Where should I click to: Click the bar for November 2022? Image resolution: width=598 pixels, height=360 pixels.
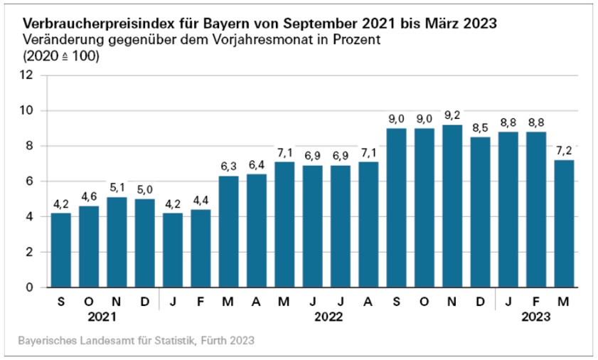pyautogui.click(x=453, y=206)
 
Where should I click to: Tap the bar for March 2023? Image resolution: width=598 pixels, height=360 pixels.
pyautogui.click(x=565, y=224)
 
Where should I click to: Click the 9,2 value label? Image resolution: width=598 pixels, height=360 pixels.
pyautogui.click(x=453, y=115)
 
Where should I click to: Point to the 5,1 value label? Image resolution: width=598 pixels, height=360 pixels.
pyautogui.click(x=118, y=188)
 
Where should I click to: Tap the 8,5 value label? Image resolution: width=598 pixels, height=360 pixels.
pyautogui.click(x=481, y=128)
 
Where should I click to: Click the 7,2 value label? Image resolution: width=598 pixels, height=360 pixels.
pyautogui.click(x=565, y=151)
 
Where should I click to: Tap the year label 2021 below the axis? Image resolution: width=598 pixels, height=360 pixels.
pyautogui.click(x=103, y=317)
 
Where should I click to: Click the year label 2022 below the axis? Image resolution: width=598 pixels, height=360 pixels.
pyautogui.click(x=327, y=317)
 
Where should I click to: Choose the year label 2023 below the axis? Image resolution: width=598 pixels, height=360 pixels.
pyautogui.click(x=537, y=317)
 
